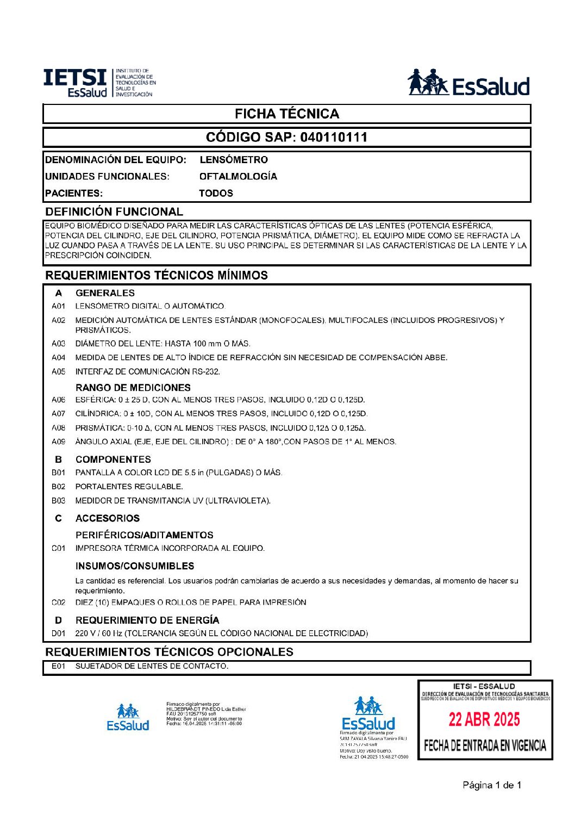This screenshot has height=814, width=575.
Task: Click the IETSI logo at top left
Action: point(99,83)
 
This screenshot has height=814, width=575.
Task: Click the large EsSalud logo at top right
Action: point(468,83)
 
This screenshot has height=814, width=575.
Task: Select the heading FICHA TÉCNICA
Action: point(287,114)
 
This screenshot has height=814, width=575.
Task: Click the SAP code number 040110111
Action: point(334,137)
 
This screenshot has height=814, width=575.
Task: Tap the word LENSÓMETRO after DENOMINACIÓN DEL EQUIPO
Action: point(234,160)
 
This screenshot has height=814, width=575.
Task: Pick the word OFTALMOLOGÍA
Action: point(238,176)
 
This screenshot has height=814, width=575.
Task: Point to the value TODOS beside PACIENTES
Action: point(216,193)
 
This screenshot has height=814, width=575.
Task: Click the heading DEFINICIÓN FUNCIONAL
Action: point(114,212)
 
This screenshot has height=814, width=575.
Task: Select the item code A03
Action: point(58,344)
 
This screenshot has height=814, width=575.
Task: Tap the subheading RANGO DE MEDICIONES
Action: point(133,388)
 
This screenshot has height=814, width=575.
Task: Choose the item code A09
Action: point(58,442)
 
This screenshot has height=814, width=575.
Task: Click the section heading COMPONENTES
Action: point(113,459)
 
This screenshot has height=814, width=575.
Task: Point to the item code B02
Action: point(58,487)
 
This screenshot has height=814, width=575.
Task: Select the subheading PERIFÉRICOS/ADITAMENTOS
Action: point(144,535)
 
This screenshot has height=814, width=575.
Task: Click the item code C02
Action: point(58,602)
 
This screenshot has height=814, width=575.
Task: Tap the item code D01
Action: point(58,633)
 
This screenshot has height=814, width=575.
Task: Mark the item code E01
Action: point(58,666)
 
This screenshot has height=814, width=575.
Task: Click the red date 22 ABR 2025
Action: point(484,720)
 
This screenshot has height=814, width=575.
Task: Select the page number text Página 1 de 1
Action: point(492,785)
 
